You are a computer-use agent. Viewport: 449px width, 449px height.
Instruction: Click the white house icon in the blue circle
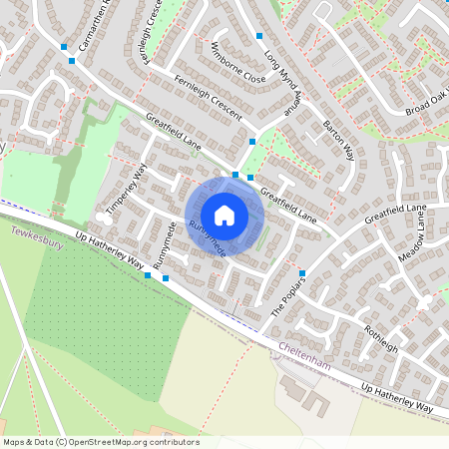(x=224, y=215)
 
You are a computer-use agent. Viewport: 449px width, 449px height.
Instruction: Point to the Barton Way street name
(x=339, y=140)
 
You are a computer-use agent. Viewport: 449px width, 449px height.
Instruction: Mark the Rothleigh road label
(x=380, y=339)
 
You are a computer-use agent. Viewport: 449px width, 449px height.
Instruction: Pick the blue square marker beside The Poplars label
(x=301, y=273)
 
